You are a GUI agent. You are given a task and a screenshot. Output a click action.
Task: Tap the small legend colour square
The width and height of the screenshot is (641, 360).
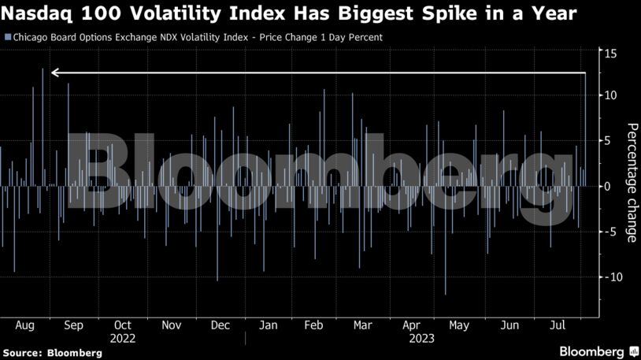pos(7,37)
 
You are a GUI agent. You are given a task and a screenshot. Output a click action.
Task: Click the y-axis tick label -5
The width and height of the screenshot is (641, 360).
pos(606,232)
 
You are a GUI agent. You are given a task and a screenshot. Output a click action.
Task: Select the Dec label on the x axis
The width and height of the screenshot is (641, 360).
pos(220,325)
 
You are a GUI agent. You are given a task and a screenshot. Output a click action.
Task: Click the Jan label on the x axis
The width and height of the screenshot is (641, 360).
pos(268,325)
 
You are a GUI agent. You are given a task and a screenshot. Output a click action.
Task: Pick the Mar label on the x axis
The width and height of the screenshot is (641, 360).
pos(362,325)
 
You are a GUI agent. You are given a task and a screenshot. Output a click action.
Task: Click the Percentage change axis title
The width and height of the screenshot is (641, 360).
pos(630,183)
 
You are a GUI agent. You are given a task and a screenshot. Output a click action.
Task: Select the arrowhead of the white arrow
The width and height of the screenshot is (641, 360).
pos(55,73)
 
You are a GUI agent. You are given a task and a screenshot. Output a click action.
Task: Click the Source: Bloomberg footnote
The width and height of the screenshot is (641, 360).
pos(52,353)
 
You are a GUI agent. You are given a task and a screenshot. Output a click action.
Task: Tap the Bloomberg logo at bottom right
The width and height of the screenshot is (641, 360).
pos(592,351)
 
